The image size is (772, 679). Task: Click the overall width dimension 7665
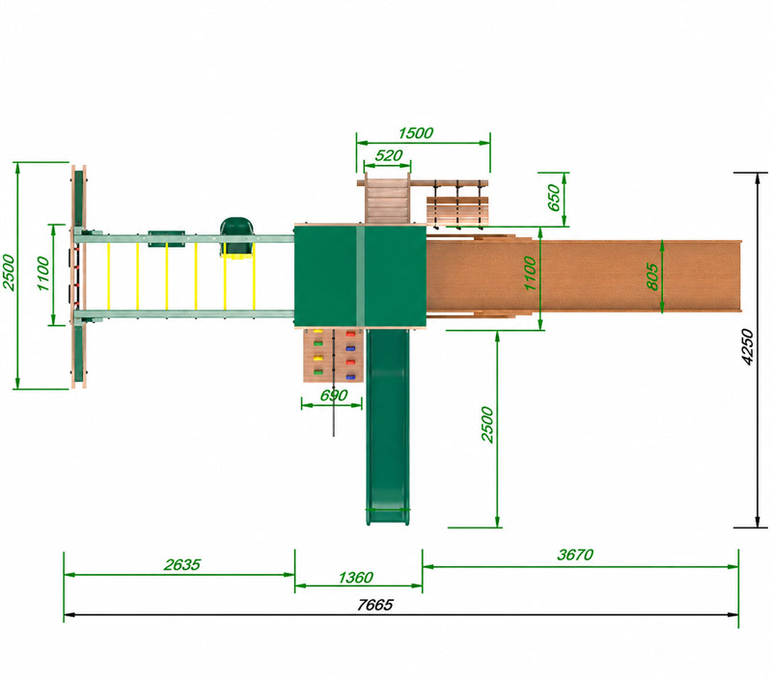[374, 605]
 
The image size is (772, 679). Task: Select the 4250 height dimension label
[747, 347]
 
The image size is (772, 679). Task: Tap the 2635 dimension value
[182, 564]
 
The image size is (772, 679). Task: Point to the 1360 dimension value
[355, 577]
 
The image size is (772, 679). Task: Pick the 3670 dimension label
[575, 555]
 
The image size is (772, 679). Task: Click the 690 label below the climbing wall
[333, 395]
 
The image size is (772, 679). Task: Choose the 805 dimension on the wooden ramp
[652, 277]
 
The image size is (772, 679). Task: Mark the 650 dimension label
[554, 198]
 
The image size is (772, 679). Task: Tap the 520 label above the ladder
[389, 155]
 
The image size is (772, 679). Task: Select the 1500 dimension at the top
[416, 133]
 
